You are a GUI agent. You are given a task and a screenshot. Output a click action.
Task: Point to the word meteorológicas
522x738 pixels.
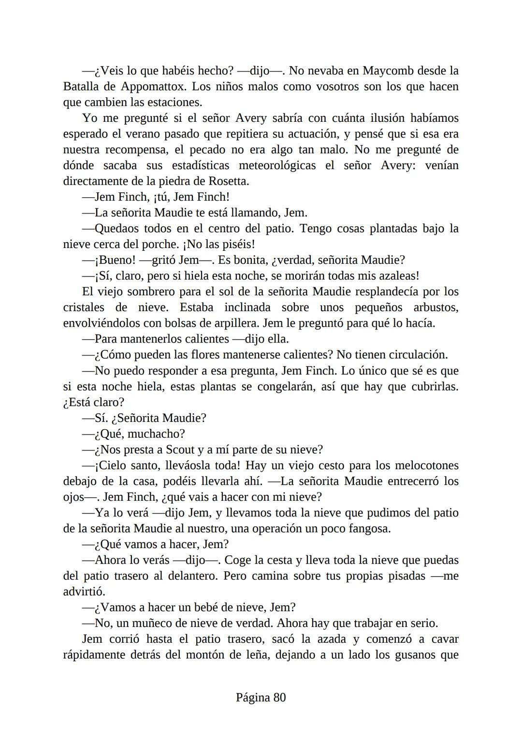click(277, 166)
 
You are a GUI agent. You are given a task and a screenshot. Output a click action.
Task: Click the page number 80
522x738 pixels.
click(279, 697)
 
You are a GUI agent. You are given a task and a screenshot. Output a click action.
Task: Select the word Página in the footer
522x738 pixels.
click(253, 697)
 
